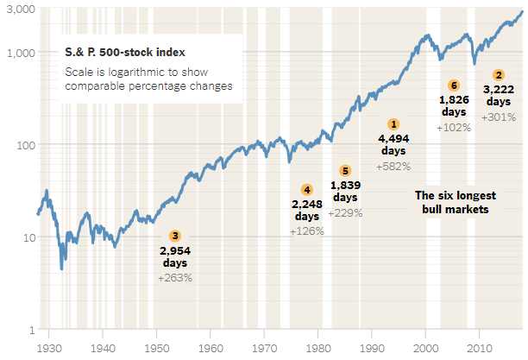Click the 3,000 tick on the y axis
coord(20,9)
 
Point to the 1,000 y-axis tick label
coord(20,53)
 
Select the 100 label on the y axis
coord(24,145)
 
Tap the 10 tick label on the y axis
coord(27,237)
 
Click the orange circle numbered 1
coord(394,125)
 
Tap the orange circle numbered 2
coord(499,75)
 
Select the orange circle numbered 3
coord(175,235)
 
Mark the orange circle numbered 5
coord(345,171)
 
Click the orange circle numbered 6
coord(455,85)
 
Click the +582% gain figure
coord(394,166)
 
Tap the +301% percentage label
coord(499,117)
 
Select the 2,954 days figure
coord(175,249)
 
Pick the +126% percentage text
coord(306,231)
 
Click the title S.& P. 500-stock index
coord(116,54)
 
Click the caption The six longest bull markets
coord(452,202)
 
